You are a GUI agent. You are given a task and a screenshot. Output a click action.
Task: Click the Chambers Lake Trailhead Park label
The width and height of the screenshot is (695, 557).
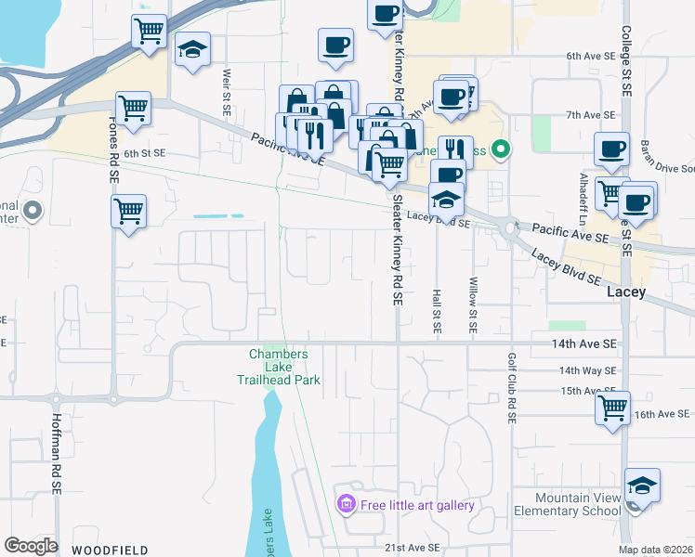[284, 367]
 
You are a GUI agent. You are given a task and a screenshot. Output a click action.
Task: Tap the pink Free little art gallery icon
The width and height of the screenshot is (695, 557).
[346, 505]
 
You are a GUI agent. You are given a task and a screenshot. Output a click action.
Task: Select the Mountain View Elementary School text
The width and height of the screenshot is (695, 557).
[578, 504]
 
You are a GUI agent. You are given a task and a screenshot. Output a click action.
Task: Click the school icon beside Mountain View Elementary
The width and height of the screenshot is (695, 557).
[642, 486]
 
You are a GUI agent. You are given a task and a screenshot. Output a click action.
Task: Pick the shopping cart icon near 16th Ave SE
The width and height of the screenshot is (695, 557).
[613, 408]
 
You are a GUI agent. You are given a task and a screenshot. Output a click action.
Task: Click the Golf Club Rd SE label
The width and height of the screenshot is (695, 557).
[511, 388]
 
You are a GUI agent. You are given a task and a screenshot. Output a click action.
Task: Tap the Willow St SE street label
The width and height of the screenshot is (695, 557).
[473, 305]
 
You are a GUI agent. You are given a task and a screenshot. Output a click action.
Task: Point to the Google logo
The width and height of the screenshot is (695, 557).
[31, 546]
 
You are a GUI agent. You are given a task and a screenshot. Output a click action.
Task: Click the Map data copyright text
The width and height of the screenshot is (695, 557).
[654, 551]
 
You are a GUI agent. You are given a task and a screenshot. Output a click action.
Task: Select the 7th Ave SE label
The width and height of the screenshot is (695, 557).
[591, 114]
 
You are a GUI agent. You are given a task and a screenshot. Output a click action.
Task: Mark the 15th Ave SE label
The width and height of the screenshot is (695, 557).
[589, 391]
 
